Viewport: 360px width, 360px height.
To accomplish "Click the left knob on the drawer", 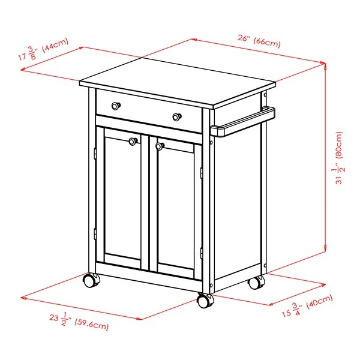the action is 116,106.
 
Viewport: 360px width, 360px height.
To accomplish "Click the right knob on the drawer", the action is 177,117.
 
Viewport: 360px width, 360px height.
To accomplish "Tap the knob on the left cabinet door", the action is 133,142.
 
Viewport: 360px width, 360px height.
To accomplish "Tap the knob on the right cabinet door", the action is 160,146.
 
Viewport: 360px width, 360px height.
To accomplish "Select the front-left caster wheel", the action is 91,280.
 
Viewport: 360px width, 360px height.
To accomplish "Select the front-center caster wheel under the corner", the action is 205,301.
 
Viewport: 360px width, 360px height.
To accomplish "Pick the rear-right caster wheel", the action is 257,283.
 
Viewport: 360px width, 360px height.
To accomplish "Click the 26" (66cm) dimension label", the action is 259,41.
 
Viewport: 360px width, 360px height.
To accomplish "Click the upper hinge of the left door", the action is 95,154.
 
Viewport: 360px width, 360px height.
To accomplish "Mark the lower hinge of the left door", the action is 95,234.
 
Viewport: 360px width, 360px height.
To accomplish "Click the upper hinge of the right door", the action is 202,173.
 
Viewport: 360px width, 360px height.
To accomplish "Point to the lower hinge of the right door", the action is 202,253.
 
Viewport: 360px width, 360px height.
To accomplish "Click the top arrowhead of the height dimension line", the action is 325,66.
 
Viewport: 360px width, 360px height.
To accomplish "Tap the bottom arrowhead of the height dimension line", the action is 325,248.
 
